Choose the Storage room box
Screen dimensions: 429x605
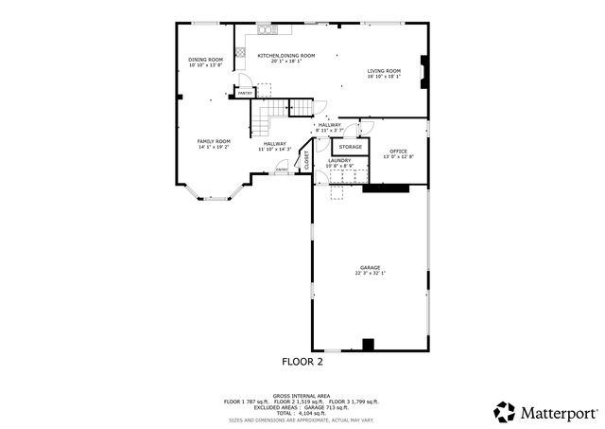(x=351, y=147)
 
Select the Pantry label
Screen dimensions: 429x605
(x=244, y=93)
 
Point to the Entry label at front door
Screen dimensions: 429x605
(x=281, y=169)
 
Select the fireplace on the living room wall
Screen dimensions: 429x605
(x=424, y=71)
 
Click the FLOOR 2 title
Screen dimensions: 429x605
(x=302, y=362)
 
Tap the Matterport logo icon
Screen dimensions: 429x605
(x=505, y=412)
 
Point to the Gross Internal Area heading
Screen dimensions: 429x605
(x=302, y=395)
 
